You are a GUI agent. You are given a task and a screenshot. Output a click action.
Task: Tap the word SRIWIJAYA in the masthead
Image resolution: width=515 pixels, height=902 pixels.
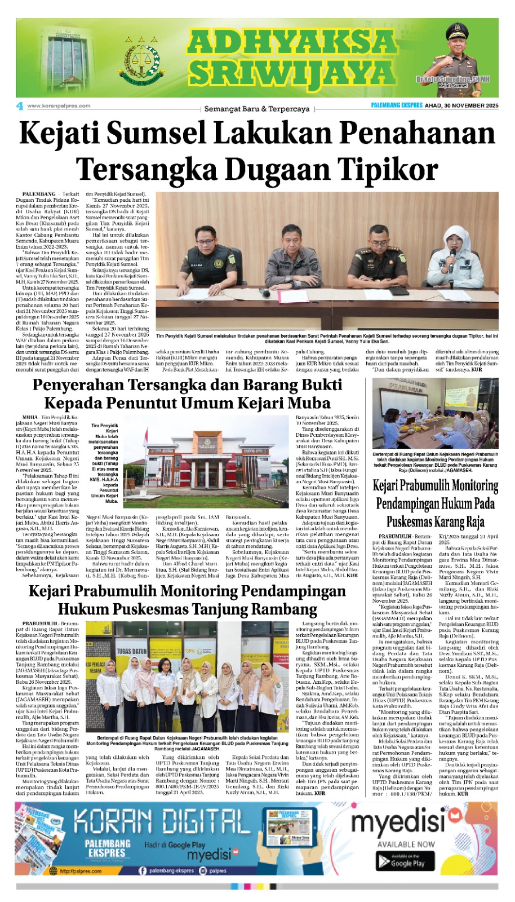click(x=291, y=72)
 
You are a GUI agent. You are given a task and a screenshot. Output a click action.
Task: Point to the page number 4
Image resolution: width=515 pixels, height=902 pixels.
click(x=20, y=106)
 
